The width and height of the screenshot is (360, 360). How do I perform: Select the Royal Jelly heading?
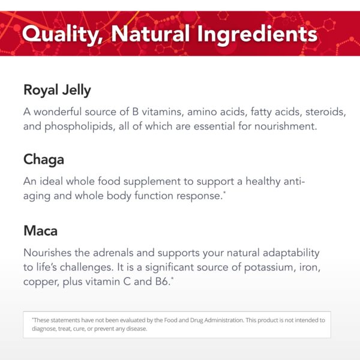point(57,90)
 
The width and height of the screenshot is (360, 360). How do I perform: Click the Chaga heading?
point(43,160)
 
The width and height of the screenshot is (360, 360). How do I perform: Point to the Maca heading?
point(41,230)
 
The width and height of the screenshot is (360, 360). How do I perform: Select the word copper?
point(42,281)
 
